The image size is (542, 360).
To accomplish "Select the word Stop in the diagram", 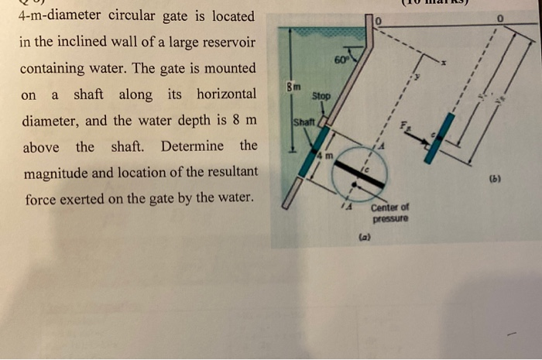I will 321,96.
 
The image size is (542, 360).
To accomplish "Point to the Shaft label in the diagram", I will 302,122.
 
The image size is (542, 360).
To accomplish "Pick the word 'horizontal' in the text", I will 226,94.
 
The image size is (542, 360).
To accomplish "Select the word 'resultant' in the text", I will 228,172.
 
